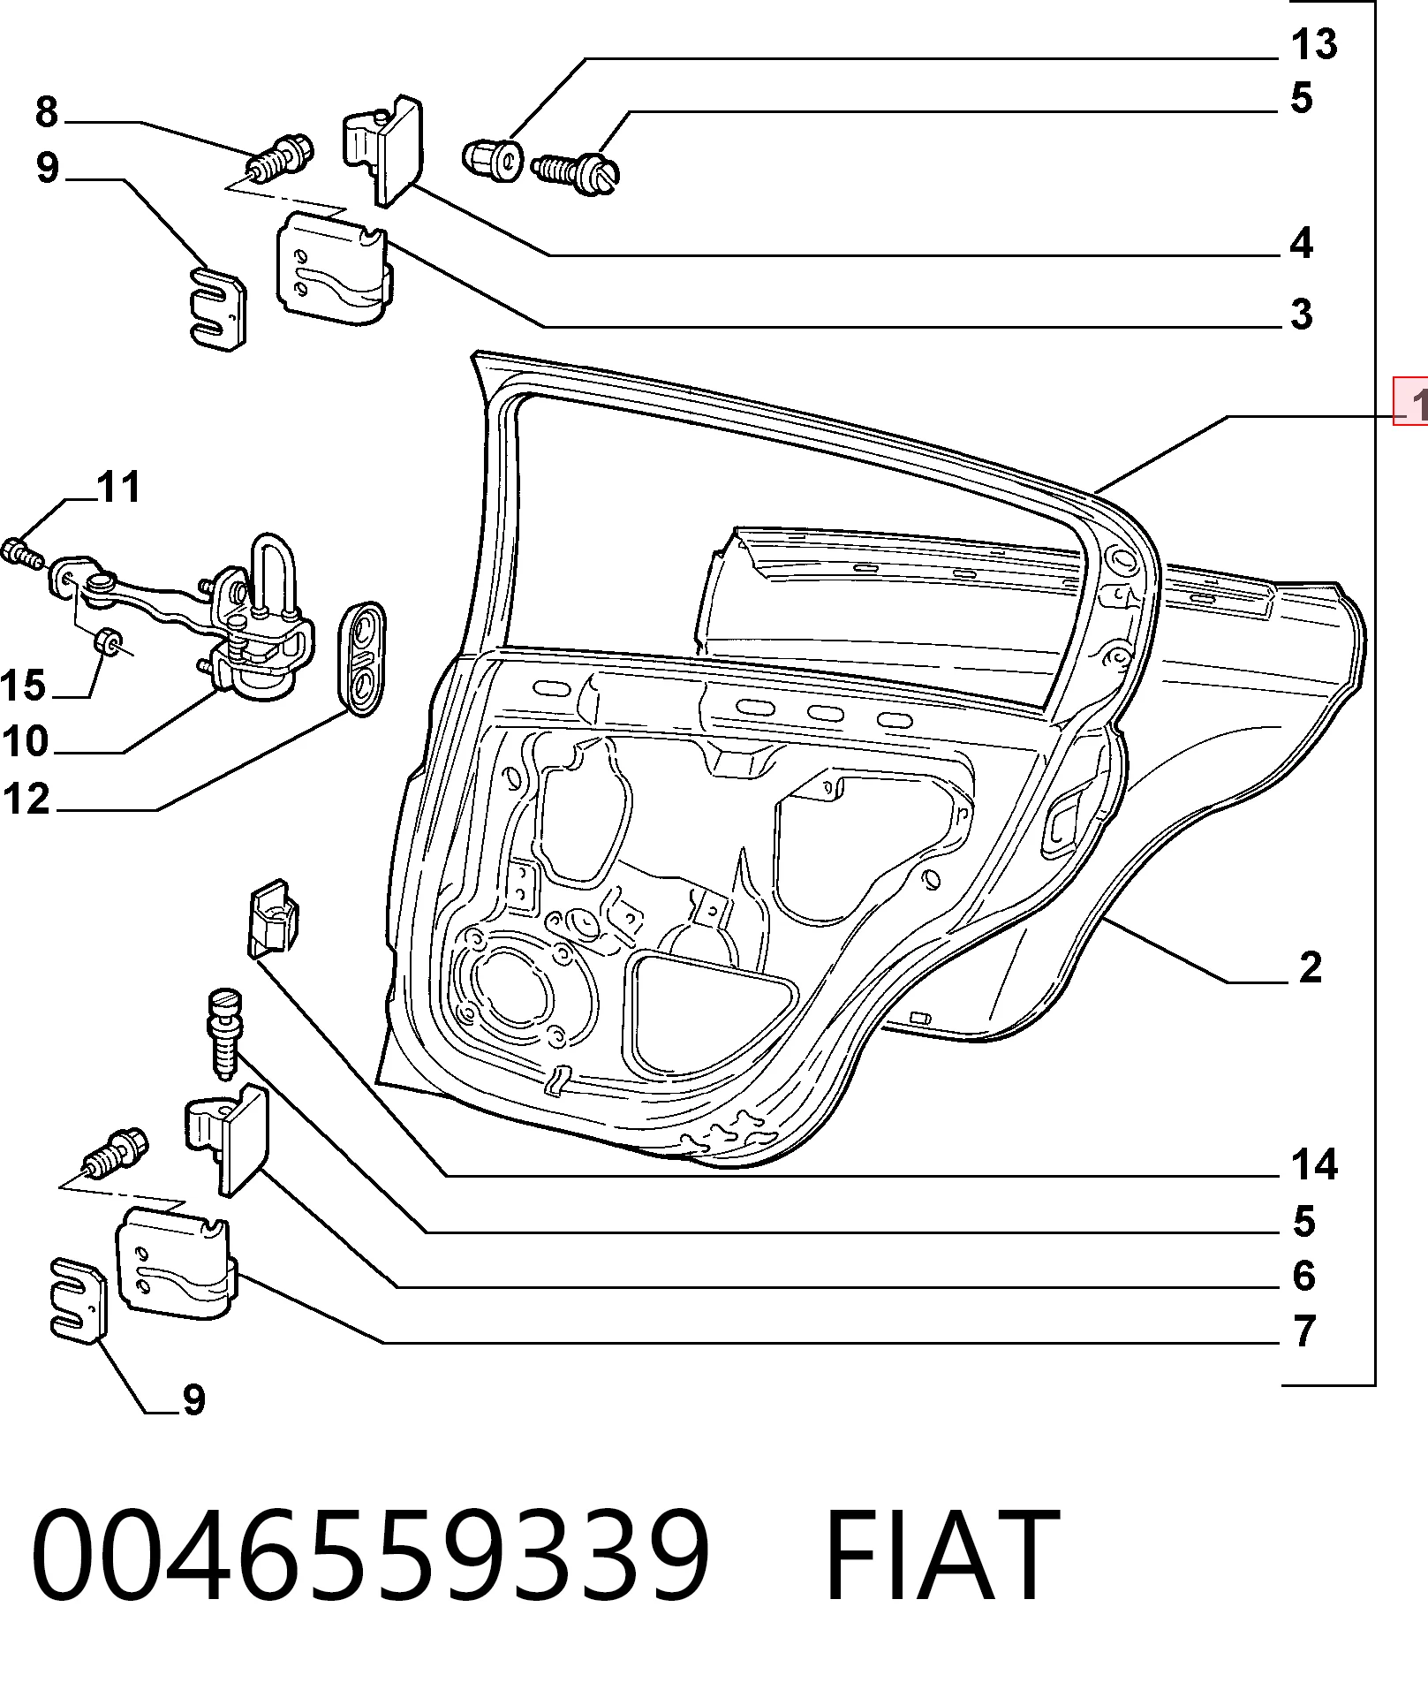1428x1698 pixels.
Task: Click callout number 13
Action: [1314, 44]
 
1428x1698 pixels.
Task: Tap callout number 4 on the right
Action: [1302, 243]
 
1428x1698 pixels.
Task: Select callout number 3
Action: [1302, 315]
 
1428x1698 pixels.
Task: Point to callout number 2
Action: [1311, 967]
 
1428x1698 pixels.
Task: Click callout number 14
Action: [1314, 1164]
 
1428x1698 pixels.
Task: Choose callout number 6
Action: [1303, 1275]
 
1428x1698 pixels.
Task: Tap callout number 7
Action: [1303, 1330]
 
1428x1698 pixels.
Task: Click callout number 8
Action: [47, 112]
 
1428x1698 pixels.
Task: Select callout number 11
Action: [118, 487]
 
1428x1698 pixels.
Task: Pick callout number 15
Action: [23, 686]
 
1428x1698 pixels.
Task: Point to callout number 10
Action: [25, 741]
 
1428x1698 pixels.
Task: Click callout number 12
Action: [26, 799]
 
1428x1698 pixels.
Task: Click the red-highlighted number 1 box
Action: [1411, 401]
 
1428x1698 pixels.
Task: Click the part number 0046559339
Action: [371, 1555]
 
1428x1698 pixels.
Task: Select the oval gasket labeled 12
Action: [362, 659]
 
